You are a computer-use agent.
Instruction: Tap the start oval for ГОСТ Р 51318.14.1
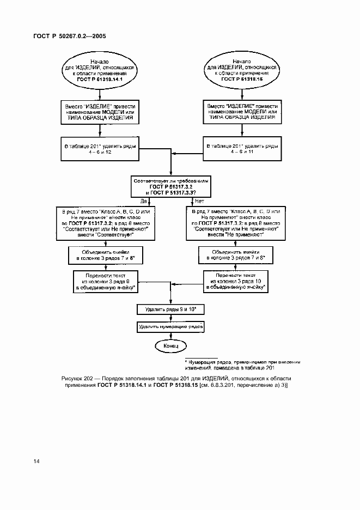pyautogui.click(x=100, y=70)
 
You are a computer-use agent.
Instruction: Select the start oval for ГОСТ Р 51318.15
pyautogui.click(x=242, y=70)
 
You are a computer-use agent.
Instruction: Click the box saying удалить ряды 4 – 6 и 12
pyautogui.click(x=100, y=148)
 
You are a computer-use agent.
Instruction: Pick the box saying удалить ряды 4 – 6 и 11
pyautogui.click(x=242, y=148)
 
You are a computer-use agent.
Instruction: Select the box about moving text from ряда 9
pyautogui.click(x=106, y=281)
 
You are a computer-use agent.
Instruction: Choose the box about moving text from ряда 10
pyautogui.click(x=236, y=281)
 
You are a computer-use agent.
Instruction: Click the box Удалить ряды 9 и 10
pyautogui.click(x=170, y=309)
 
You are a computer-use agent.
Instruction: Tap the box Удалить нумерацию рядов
pyautogui.click(x=170, y=327)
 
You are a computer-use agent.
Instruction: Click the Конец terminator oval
pyautogui.click(x=170, y=345)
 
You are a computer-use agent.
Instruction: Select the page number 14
pyautogui.click(x=36, y=462)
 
